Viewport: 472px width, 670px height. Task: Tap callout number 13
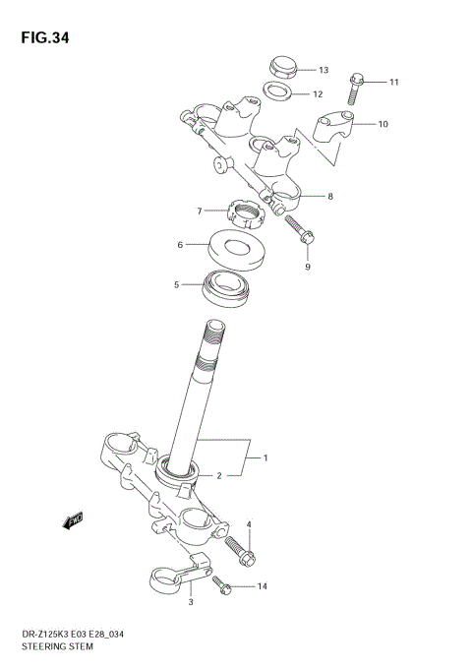click(323, 71)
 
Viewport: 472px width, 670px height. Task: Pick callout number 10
click(383, 125)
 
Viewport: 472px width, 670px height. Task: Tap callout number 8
click(329, 197)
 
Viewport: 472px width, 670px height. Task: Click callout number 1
click(265, 458)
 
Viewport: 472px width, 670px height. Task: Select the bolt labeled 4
click(240, 549)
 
